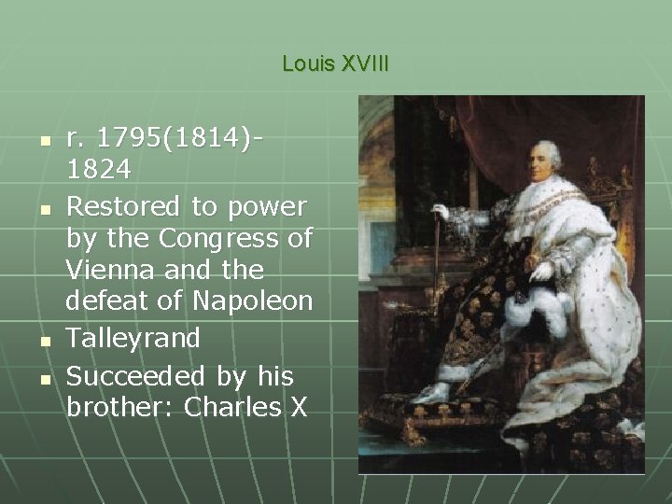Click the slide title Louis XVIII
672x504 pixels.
click(335, 64)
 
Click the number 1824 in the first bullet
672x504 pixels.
click(100, 171)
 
